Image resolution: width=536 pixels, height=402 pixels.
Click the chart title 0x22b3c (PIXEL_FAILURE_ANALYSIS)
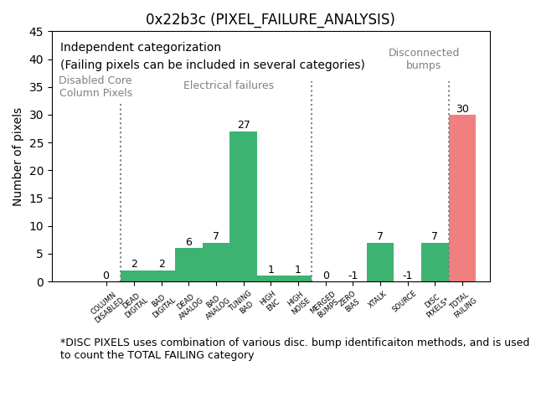click(x=270, y=19)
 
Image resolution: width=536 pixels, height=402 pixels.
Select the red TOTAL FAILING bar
click(x=462, y=198)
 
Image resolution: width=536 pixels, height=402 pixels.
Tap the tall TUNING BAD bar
click(x=243, y=206)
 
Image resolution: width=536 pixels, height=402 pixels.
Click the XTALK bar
click(x=380, y=262)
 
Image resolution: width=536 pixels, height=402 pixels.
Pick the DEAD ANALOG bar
click(x=188, y=265)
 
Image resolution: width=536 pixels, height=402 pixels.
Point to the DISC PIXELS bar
click(x=435, y=262)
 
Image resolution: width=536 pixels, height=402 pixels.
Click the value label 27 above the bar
click(x=243, y=125)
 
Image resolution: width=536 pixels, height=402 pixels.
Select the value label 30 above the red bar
click(x=462, y=109)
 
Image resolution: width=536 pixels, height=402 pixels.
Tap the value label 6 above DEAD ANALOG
click(x=188, y=242)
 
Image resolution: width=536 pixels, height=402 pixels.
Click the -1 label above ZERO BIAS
click(x=353, y=276)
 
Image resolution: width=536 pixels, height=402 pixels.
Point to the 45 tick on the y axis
click(x=38, y=32)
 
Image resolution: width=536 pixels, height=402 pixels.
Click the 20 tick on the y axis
click(x=38, y=171)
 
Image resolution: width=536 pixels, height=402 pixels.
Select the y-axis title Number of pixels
click(x=18, y=157)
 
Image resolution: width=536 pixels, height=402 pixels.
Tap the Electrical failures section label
click(x=229, y=85)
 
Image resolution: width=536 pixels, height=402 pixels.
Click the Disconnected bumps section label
click(x=424, y=59)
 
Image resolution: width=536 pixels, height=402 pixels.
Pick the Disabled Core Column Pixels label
click(x=95, y=86)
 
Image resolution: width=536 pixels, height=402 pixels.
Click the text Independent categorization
click(x=141, y=48)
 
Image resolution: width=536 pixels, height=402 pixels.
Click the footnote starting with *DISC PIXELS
click(x=294, y=348)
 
